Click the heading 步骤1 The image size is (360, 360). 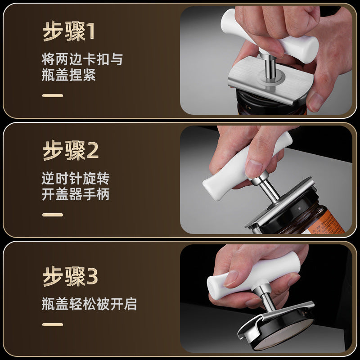69,31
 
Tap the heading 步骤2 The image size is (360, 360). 71,151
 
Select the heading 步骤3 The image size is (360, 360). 70,276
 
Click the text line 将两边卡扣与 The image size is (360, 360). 82,59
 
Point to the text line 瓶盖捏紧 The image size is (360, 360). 69,75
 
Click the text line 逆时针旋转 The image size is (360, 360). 76,178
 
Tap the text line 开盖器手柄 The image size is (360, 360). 76,194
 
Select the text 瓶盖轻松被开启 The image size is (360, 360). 89,304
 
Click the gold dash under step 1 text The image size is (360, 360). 53,95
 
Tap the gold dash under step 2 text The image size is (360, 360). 53,215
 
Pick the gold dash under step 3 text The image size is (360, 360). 53,324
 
